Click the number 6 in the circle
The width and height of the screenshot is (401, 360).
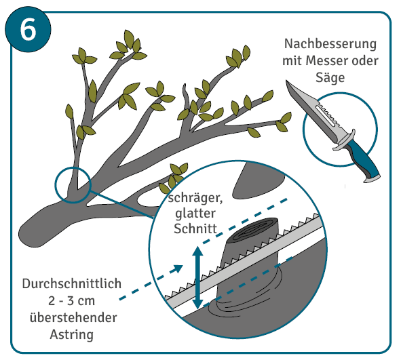coord(28,30)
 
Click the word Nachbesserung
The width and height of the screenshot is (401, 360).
coord(330,44)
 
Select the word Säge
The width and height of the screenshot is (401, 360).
coord(330,77)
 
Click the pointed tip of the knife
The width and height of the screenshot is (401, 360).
coord(286,81)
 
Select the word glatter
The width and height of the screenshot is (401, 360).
coord(195,214)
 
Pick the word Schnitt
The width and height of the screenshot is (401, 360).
coord(195,228)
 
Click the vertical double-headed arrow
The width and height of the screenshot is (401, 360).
coord(197,277)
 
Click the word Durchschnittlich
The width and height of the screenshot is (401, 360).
coord(72,283)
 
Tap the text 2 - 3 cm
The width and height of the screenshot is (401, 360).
coord(71,301)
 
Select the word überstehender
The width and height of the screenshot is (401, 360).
coord(73,317)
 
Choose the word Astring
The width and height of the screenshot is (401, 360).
coord(72,334)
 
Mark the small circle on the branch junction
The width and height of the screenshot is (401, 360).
coord(73,185)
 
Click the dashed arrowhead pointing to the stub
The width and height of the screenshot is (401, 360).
coord(178,268)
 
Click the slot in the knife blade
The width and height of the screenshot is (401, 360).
coord(325,116)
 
